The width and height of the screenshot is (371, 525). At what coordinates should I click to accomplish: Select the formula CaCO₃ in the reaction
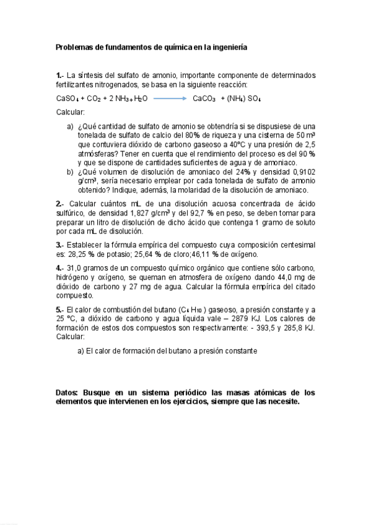click(204, 98)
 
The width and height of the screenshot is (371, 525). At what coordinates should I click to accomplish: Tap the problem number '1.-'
click(59, 75)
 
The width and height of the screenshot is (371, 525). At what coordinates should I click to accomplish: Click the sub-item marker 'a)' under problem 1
click(70, 126)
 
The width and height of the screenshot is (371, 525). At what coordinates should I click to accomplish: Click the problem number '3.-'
click(59, 245)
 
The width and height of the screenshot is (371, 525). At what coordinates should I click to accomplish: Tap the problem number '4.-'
click(59, 267)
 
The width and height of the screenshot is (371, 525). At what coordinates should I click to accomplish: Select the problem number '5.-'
click(59, 308)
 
